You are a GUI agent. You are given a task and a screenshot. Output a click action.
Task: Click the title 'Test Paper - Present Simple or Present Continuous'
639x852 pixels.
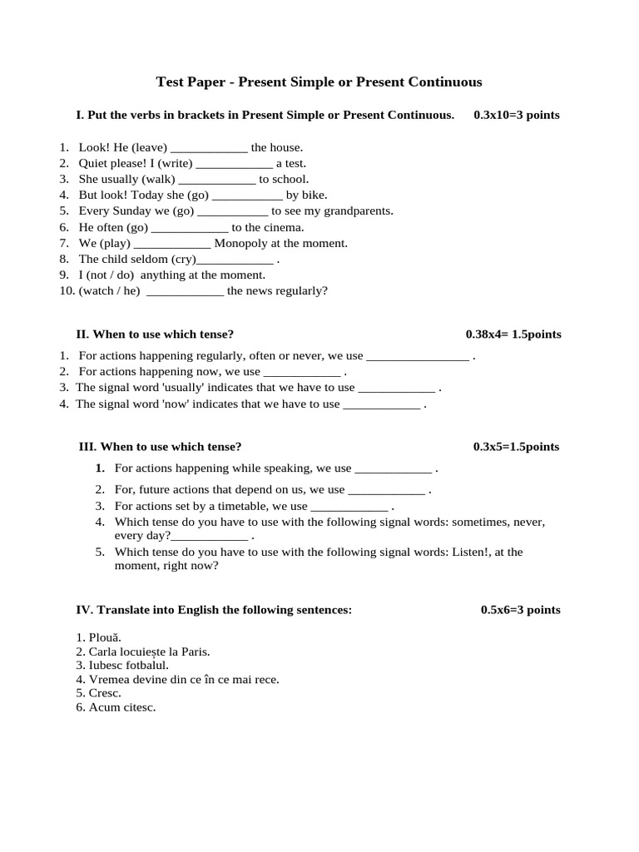(x=319, y=82)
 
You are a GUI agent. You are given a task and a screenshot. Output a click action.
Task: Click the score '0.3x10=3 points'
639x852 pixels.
(x=516, y=115)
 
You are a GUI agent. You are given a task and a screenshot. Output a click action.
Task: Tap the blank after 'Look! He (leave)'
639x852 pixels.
(x=209, y=148)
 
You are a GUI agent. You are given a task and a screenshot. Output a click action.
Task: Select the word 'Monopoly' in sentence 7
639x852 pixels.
(x=240, y=243)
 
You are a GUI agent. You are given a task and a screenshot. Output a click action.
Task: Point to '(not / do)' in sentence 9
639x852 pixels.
(x=111, y=275)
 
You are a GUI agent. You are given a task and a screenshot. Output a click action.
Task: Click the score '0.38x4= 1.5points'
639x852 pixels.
(x=513, y=334)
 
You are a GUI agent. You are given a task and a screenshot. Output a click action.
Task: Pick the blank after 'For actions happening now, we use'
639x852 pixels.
(x=302, y=372)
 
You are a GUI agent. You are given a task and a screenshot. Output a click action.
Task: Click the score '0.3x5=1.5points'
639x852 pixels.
(x=516, y=447)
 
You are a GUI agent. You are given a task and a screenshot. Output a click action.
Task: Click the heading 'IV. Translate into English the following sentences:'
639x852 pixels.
(x=214, y=610)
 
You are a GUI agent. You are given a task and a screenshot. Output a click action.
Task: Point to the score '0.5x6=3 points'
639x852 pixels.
(x=520, y=610)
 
